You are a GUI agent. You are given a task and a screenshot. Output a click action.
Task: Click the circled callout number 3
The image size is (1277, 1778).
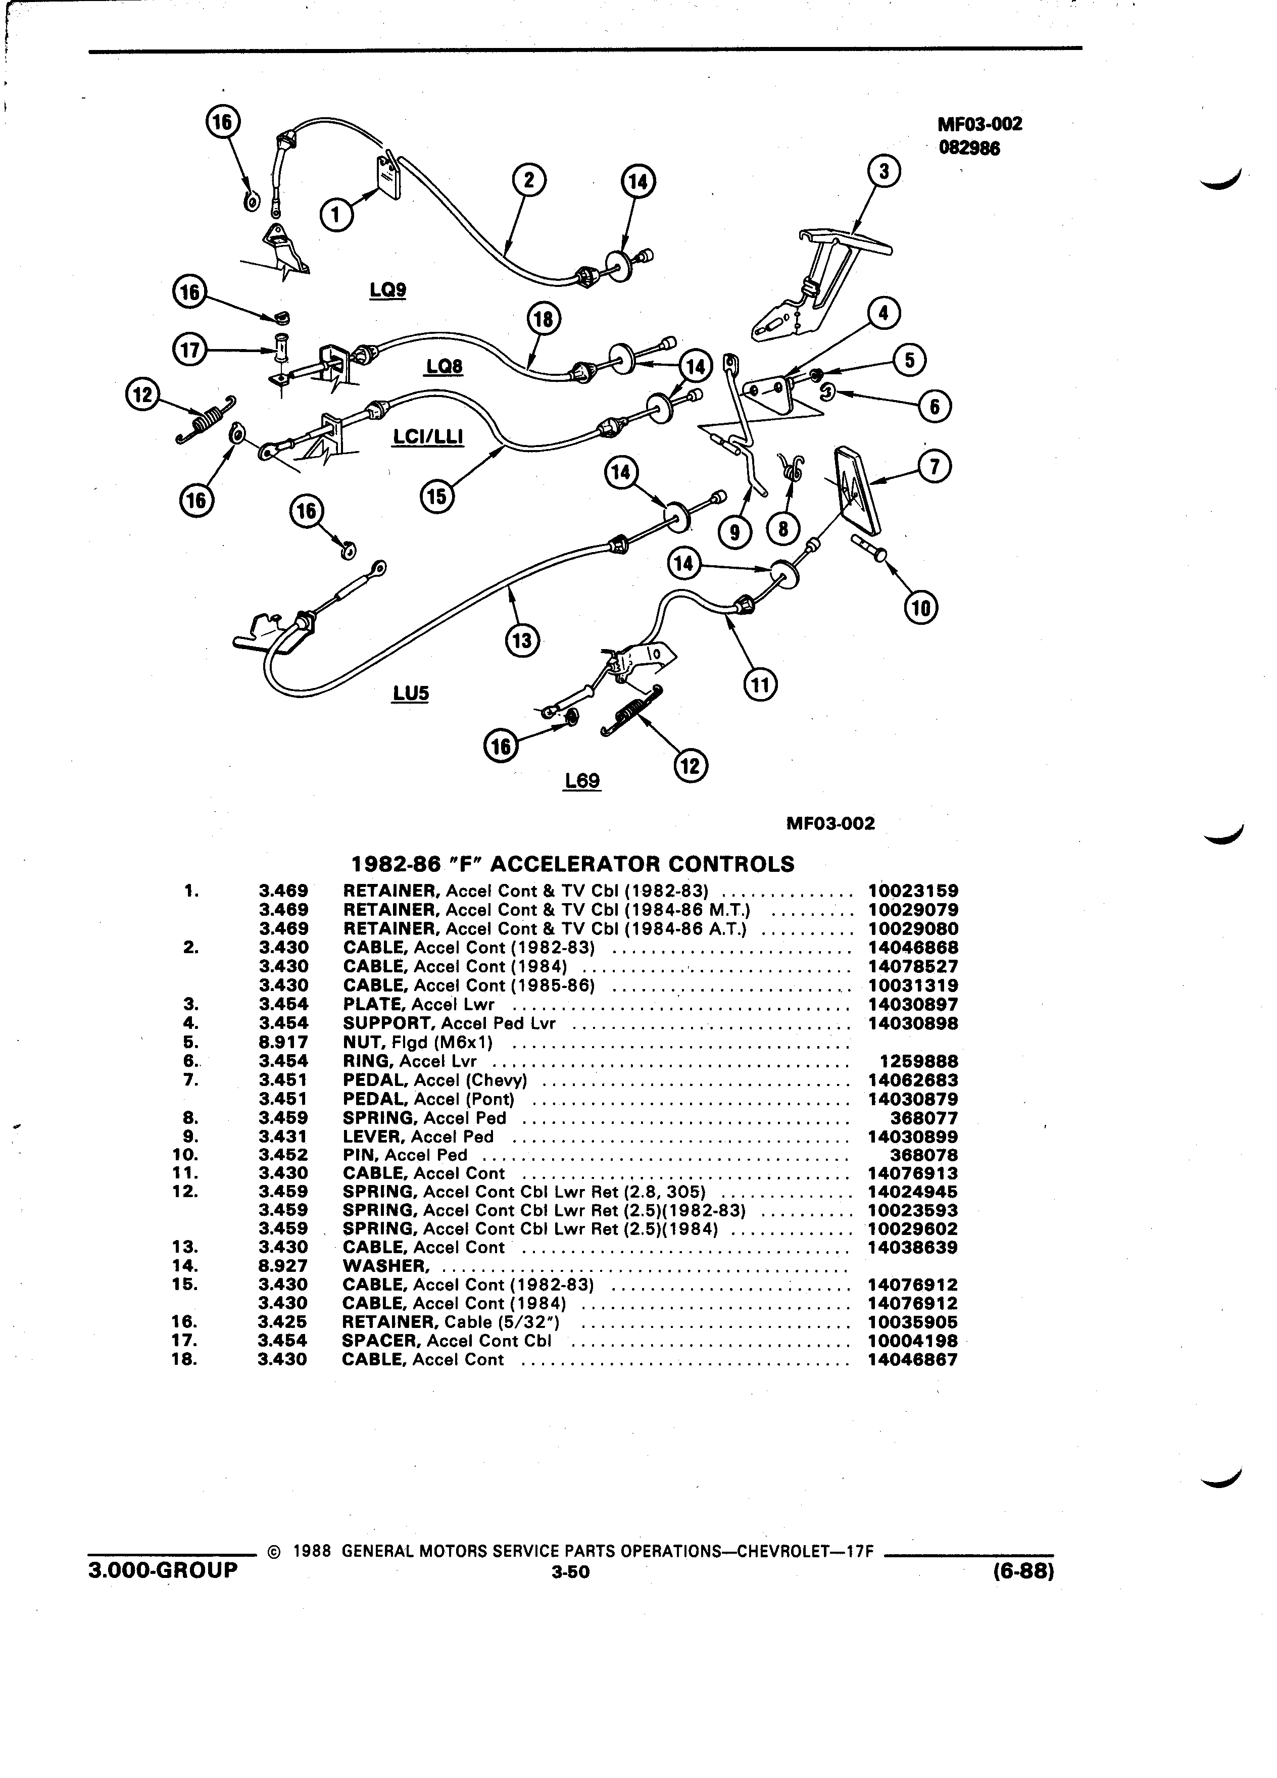(883, 171)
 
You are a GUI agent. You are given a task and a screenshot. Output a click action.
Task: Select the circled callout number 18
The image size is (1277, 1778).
(543, 320)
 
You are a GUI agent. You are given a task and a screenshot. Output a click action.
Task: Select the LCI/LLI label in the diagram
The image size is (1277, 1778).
(428, 436)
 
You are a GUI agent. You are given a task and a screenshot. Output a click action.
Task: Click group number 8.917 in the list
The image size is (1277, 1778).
(283, 1042)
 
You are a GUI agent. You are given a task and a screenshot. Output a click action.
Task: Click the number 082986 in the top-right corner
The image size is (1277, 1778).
(970, 147)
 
